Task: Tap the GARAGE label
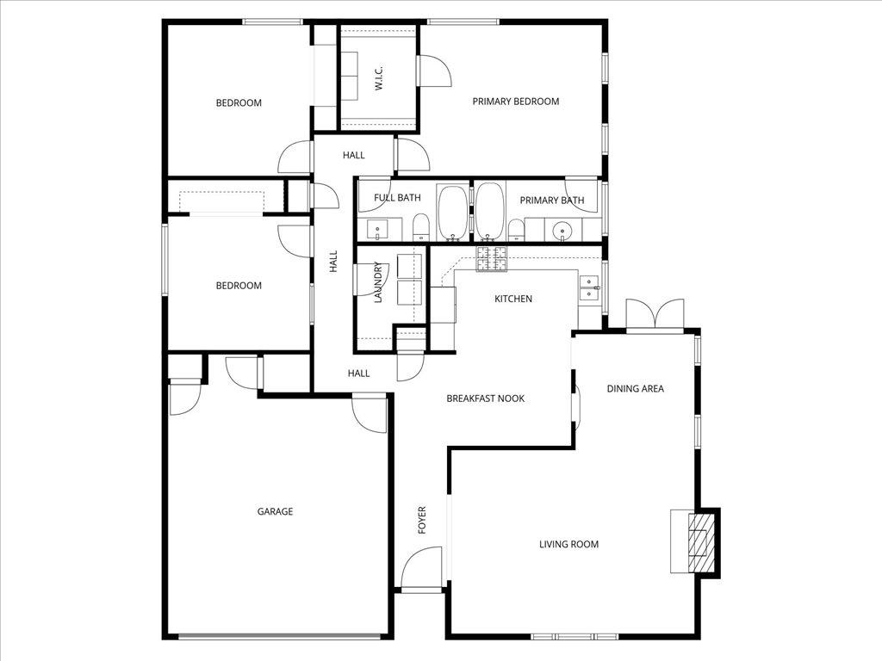275,511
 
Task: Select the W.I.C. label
378,78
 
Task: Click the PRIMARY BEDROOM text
515,102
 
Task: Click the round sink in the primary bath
562,230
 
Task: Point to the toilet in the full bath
421,227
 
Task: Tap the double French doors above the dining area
655,314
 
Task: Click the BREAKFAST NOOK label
485,398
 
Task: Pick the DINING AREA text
635,389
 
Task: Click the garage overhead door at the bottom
281,636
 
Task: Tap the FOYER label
422,520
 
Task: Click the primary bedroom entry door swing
435,71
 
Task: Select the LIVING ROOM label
568,544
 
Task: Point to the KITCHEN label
512,300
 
